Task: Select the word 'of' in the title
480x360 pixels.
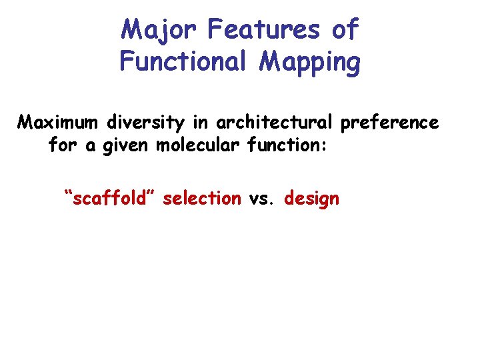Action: [x=345, y=29]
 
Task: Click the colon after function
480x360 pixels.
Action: [x=324, y=147]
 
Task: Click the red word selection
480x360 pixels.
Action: [x=201, y=198]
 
